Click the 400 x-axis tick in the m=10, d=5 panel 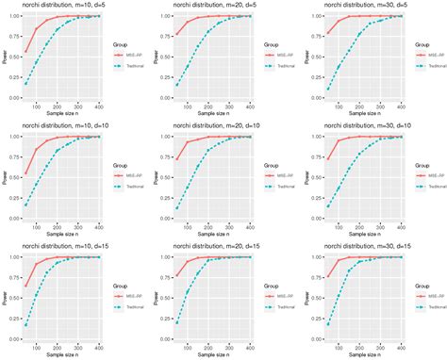(x=101, y=106)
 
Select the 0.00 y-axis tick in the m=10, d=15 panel (x=14, y=336)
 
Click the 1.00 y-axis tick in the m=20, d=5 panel (x=163, y=16)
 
